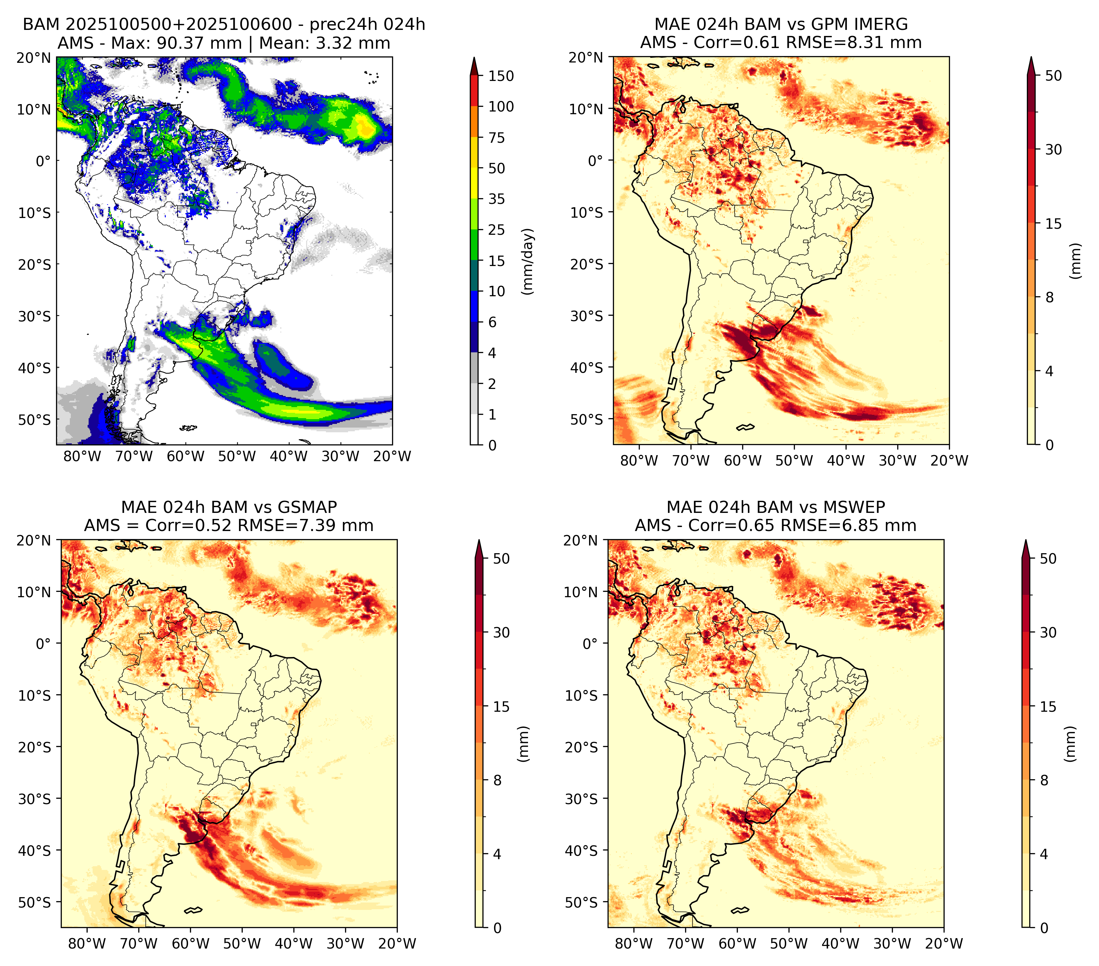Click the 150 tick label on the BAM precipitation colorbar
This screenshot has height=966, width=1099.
click(500, 76)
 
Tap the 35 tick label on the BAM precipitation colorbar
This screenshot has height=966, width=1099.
click(496, 199)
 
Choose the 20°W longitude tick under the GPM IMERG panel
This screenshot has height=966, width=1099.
click(949, 460)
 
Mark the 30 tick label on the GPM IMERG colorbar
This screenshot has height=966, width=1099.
click(1053, 149)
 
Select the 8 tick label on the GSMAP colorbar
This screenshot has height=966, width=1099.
click(497, 780)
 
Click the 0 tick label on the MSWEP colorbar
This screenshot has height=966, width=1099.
click(1044, 928)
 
